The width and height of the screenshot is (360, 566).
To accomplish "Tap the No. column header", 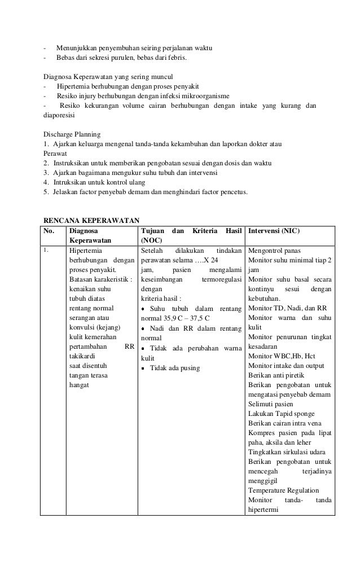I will click(51, 231).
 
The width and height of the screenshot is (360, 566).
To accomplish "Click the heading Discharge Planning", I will click(72, 134).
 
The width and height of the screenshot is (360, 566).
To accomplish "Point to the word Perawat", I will click(55, 153).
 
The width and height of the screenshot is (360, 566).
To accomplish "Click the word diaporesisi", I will click(60, 115).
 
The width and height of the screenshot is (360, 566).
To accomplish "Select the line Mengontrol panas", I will click(274, 251).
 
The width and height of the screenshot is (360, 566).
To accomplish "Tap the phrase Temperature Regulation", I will click(283, 490).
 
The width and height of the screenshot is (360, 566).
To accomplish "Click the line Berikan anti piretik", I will click(278, 375).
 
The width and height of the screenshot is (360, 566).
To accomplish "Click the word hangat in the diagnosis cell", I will click(79, 385).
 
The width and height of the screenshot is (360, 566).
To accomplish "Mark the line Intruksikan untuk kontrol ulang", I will click(99, 182).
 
